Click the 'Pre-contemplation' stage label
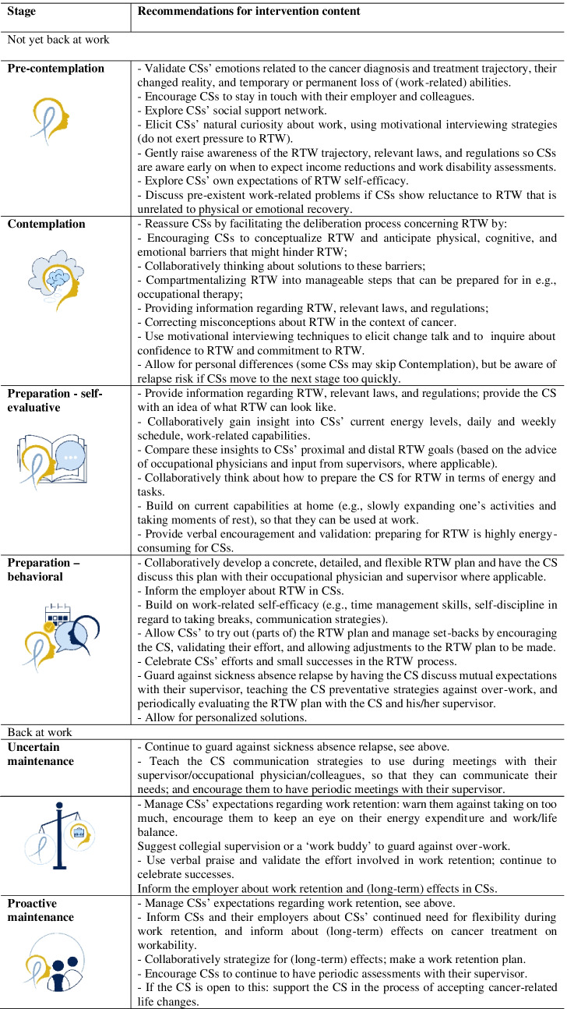point(55,69)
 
